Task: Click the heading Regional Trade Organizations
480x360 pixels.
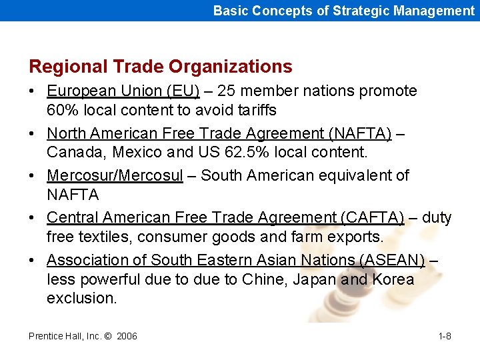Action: [160, 67]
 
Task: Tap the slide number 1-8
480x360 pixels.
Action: [445, 336]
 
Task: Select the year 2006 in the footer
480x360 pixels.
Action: [127, 336]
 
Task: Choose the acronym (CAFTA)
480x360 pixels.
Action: [372, 217]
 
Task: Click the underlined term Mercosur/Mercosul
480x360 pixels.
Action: [115, 175]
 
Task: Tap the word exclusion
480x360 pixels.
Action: [81, 298]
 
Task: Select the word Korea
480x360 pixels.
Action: [393, 279]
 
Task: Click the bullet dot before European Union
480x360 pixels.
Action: [33, 91]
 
